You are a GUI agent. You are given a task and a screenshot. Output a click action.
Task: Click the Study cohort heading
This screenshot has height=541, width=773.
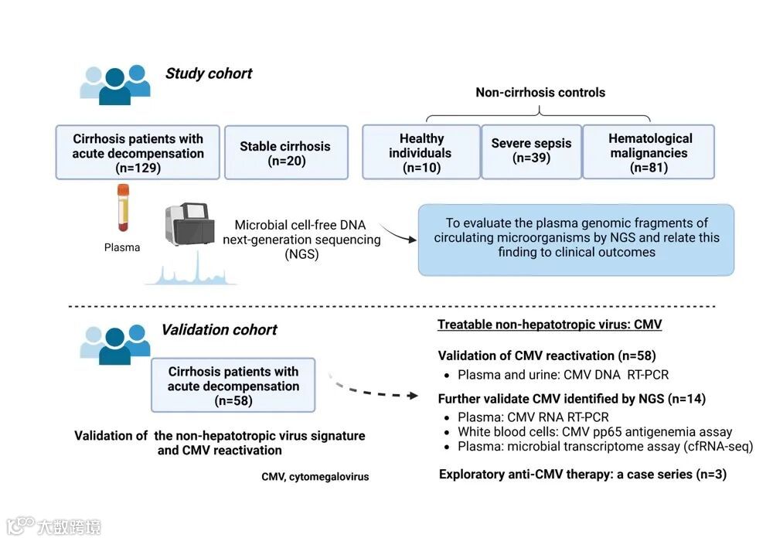point(209,74)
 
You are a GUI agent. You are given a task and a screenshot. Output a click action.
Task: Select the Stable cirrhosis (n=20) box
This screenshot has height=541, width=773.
point(284,153)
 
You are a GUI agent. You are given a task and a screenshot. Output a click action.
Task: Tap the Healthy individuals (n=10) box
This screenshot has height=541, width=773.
point(421,152)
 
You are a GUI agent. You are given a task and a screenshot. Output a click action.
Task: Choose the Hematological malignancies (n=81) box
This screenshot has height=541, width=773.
point(649,152)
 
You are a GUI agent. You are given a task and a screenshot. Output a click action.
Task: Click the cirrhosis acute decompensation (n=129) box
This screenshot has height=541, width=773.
point(138,152)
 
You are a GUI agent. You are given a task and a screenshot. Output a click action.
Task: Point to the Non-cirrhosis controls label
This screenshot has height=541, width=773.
point(540,93)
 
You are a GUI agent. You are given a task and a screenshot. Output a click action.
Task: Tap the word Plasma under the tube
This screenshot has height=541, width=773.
point(122,248)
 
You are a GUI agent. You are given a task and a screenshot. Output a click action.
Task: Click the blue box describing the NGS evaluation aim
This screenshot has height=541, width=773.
point(576,240)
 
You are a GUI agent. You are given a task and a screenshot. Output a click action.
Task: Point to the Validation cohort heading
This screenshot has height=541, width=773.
point(219,330)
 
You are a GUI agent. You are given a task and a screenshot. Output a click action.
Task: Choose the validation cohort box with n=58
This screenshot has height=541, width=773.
point(233,385)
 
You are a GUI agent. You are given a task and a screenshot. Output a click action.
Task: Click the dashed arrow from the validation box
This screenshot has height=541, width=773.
point(379,390)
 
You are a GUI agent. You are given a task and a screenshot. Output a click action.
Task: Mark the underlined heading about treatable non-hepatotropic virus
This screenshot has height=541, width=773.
point(550,325)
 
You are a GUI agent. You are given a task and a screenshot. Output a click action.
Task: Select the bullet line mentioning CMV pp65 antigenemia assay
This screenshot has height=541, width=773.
point(594,432)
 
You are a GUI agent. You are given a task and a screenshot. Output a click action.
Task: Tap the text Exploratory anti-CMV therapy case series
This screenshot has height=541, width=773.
point(582,475)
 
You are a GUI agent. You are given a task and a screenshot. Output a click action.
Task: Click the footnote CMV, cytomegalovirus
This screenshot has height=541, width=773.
point(315,477)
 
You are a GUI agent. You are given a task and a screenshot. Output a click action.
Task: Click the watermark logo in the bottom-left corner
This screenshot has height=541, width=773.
point(54,527)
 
